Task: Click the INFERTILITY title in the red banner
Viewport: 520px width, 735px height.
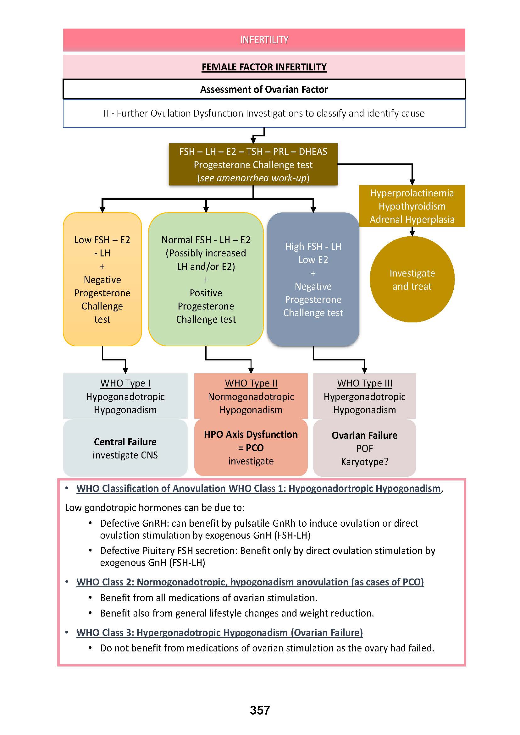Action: click(x=264, y=40)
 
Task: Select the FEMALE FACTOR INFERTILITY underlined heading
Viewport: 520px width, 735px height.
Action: click(x=264, y=67)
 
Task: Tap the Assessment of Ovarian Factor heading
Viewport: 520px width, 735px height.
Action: click(x=264, y=89)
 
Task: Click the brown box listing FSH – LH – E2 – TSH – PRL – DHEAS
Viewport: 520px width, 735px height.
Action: click(x=253, y=165)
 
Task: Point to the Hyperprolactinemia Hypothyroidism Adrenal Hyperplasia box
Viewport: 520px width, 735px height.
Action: click(x=412, y=206)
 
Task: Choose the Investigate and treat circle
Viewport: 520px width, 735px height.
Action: click(x=412, y=279)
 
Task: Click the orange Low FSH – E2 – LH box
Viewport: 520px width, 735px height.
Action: click(x=102, y=279)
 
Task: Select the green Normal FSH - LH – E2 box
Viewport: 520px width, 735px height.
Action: click(x=206, y=279)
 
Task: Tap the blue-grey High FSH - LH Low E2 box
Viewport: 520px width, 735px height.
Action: click(x=313, y=279)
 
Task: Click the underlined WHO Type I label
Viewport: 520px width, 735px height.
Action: click(x=125, y=383)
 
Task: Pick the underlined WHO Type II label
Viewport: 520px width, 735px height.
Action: click(x=251, y=383)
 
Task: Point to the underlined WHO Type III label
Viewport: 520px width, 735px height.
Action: click(x=364, y=383)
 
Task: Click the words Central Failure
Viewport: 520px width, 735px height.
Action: click(x=125, y=442)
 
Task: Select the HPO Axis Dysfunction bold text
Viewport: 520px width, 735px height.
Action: click(x=251, y=434)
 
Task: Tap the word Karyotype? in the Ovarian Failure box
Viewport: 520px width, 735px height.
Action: click(x=364, y=462)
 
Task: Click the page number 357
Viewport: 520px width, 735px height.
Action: click(x=260, y=710)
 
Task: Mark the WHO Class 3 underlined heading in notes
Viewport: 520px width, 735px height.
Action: click(x=219, y=633)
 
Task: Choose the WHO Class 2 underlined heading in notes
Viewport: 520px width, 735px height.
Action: click(x=250, y=582)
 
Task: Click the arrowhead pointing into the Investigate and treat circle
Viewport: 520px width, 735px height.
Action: click(x=412, y=233)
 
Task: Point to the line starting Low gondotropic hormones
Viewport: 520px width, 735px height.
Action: click(x=155, y=508)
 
